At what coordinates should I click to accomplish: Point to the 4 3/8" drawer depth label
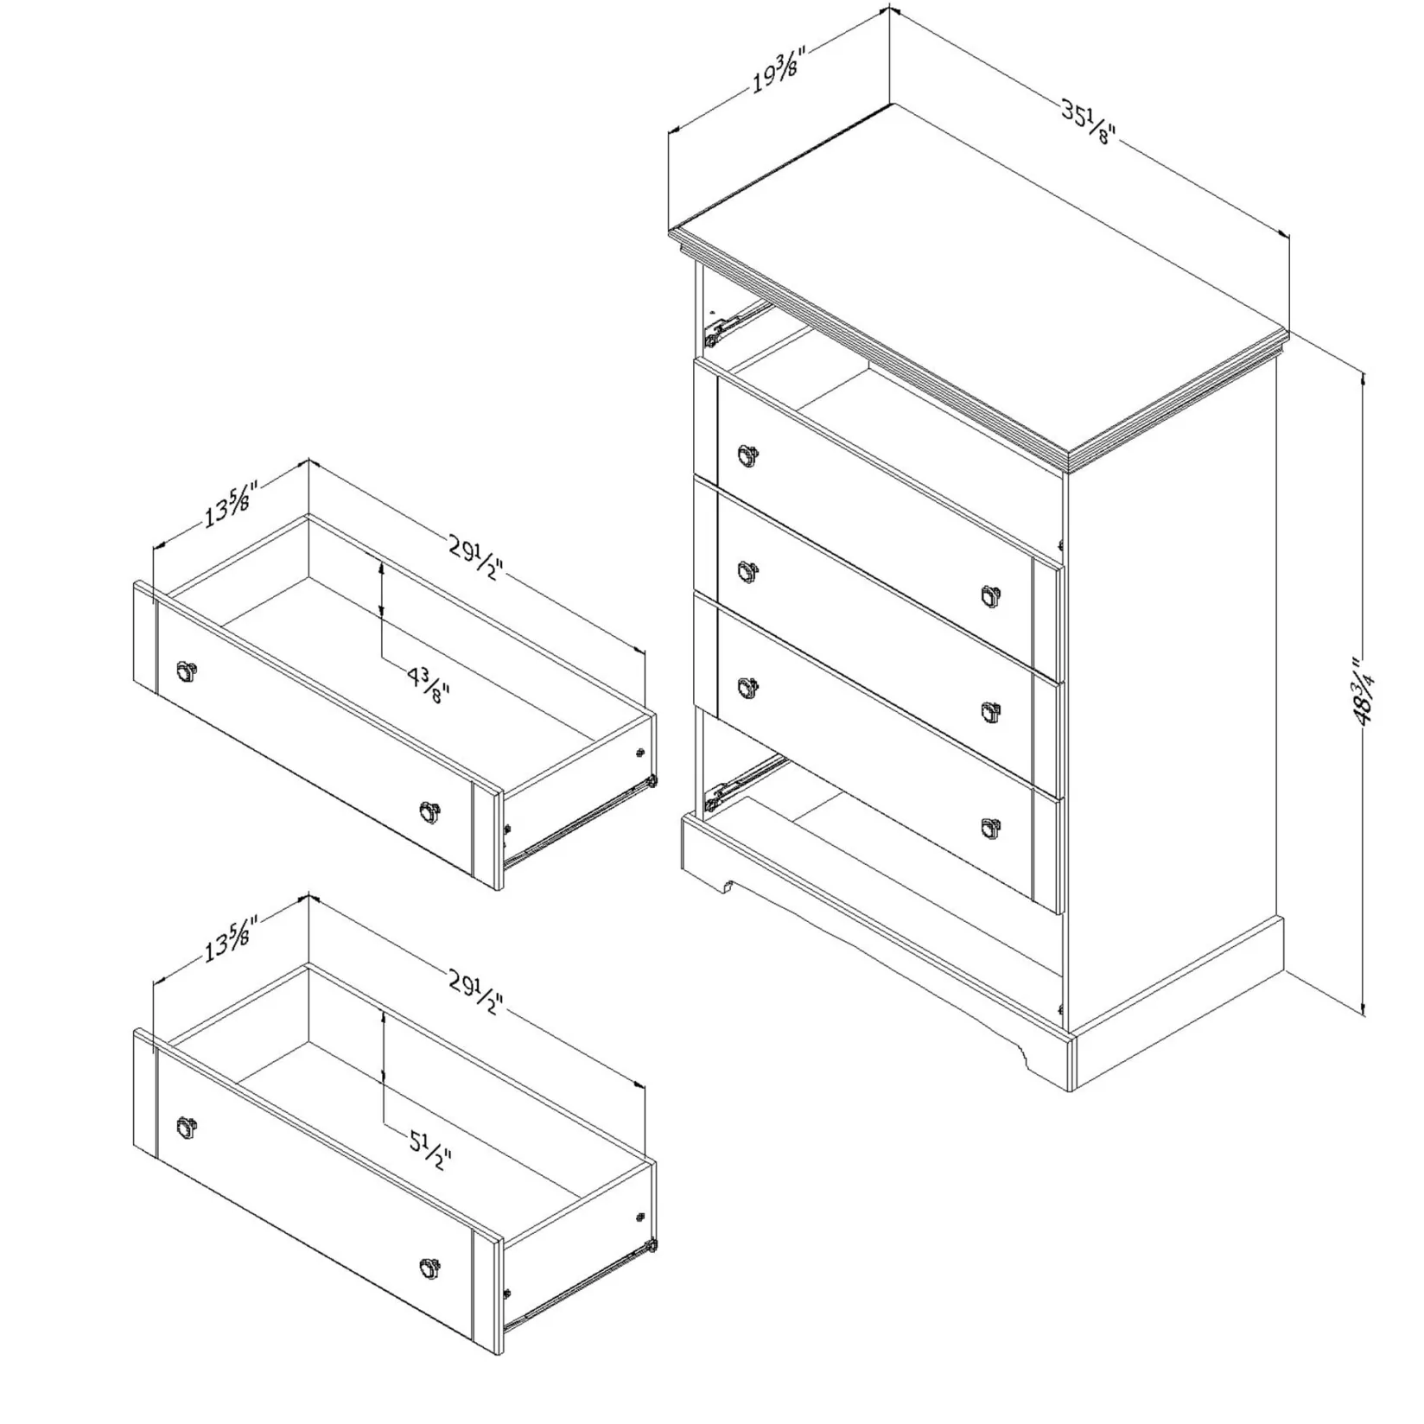coord(429,683)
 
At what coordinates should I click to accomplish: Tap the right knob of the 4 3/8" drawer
coord(429,811)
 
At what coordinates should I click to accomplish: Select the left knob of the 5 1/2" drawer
coord(186,1126)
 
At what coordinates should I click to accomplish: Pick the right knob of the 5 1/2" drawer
coord(429,1268)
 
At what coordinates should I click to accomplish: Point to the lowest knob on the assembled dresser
coord(991,826)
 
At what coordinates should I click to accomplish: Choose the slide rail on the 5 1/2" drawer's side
coord(579,1279)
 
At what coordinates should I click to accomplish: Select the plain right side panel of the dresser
coord(1175,691)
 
